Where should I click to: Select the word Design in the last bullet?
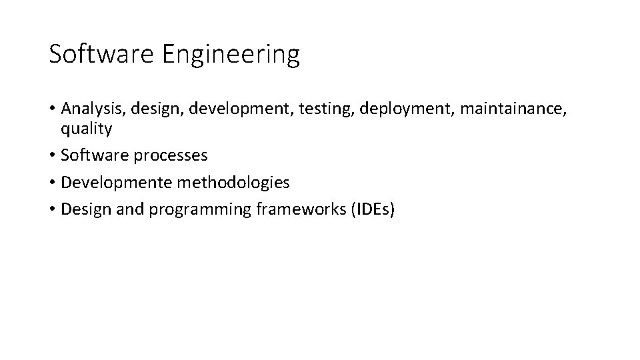tap(81, 210)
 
